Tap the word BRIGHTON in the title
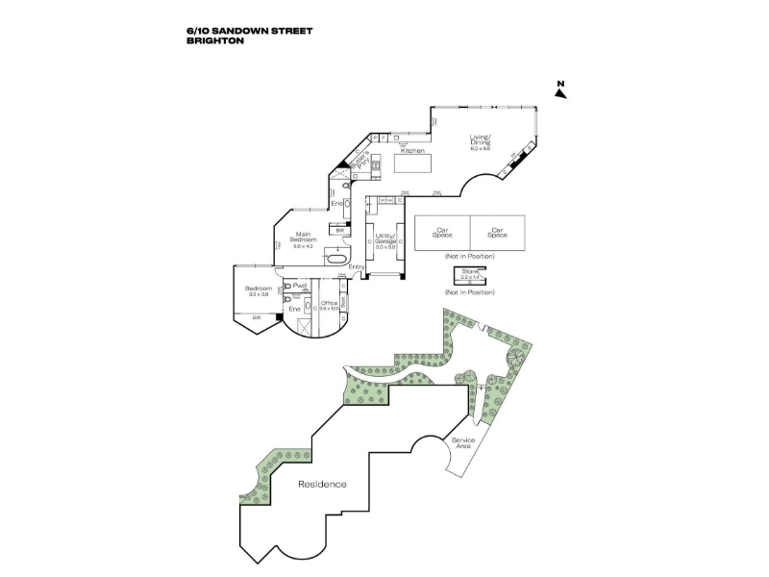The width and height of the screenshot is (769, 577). tap(212, 41)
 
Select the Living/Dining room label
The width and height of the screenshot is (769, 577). tap(481, 141)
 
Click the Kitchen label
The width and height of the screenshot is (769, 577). tap(412, 151)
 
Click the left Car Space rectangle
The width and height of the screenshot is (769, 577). tap(443, 232)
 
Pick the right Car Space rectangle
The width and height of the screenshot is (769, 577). tap(498, 232)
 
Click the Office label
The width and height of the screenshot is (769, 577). tap(329, 306)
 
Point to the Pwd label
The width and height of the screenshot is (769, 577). tap(300, 286)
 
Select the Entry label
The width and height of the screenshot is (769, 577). tap(357, 266)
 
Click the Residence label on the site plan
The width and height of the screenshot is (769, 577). tap(322, 484)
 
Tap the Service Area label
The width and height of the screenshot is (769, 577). tap(463, 443)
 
